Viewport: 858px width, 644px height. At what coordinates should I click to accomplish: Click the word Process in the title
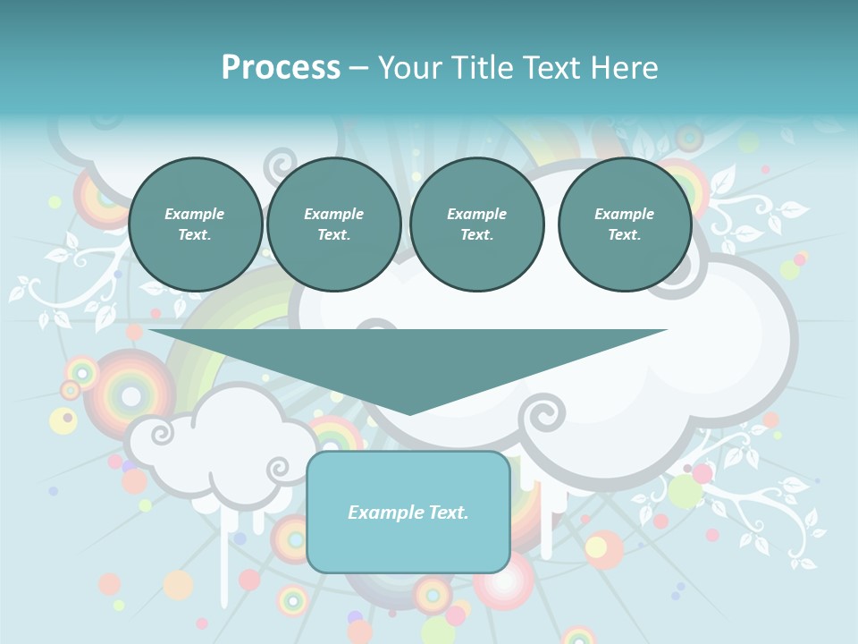tap(281, 68)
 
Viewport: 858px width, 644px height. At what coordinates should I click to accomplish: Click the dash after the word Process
tap(359, 69)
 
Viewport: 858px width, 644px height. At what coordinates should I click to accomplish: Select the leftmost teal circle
tap(195, 225)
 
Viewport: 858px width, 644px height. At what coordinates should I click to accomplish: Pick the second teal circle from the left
tap(333, 225)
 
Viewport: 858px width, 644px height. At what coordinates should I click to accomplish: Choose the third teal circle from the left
tap(476, 225)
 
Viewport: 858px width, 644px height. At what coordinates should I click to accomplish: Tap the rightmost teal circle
tap(624, 225)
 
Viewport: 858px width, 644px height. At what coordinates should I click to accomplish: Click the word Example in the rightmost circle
tap(624, 214)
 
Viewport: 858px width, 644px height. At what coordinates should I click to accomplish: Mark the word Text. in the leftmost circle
tap(195, 235)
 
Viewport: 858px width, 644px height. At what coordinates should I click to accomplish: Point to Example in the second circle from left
tap(333, 214)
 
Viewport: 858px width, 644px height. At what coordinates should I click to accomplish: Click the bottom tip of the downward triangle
tap(409, 412)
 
